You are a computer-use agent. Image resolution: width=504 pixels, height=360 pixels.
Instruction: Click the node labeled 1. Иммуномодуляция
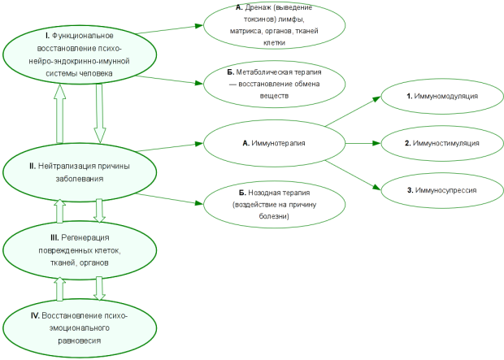(442, 96)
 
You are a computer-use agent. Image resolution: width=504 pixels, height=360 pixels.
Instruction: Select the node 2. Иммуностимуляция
(442, 143)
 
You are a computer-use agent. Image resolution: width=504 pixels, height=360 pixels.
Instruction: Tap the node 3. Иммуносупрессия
(442, 190)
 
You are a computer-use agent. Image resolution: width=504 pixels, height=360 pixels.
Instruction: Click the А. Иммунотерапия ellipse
(274, 143)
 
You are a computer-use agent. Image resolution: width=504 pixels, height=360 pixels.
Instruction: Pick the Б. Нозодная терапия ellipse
(274, 205)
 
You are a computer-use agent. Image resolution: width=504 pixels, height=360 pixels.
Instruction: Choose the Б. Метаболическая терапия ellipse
(274, 84)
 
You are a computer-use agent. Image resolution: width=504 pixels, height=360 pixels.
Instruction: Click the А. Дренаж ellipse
(274, 25)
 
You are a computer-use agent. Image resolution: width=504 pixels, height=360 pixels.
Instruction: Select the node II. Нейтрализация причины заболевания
(80, 172)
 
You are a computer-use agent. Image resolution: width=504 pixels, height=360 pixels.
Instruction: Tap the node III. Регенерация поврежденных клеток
(80, 250)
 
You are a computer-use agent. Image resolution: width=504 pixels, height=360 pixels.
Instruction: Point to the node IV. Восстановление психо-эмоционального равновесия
(80, 328)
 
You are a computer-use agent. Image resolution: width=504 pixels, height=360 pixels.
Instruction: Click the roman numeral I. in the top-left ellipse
(48, 36)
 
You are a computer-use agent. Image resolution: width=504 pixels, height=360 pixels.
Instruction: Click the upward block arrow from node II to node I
(60, 114)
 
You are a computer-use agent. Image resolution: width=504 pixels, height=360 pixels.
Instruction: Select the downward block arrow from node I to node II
(100, 114)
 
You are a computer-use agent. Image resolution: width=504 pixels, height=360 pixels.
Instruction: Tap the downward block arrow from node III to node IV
(100, 288)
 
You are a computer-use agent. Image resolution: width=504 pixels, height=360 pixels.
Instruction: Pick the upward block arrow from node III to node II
(60, 210)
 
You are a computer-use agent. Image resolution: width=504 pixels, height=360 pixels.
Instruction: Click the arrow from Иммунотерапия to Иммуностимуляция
(363, 143)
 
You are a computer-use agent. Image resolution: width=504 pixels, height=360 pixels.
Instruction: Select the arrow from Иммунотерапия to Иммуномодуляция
(353, 111)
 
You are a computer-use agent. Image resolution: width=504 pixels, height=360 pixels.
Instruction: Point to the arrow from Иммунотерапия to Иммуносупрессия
(353, 176)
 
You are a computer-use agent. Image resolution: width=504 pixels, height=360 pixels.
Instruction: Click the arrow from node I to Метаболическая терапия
(169, 80)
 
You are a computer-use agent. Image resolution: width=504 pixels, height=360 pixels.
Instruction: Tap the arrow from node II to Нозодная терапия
(169, 198)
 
